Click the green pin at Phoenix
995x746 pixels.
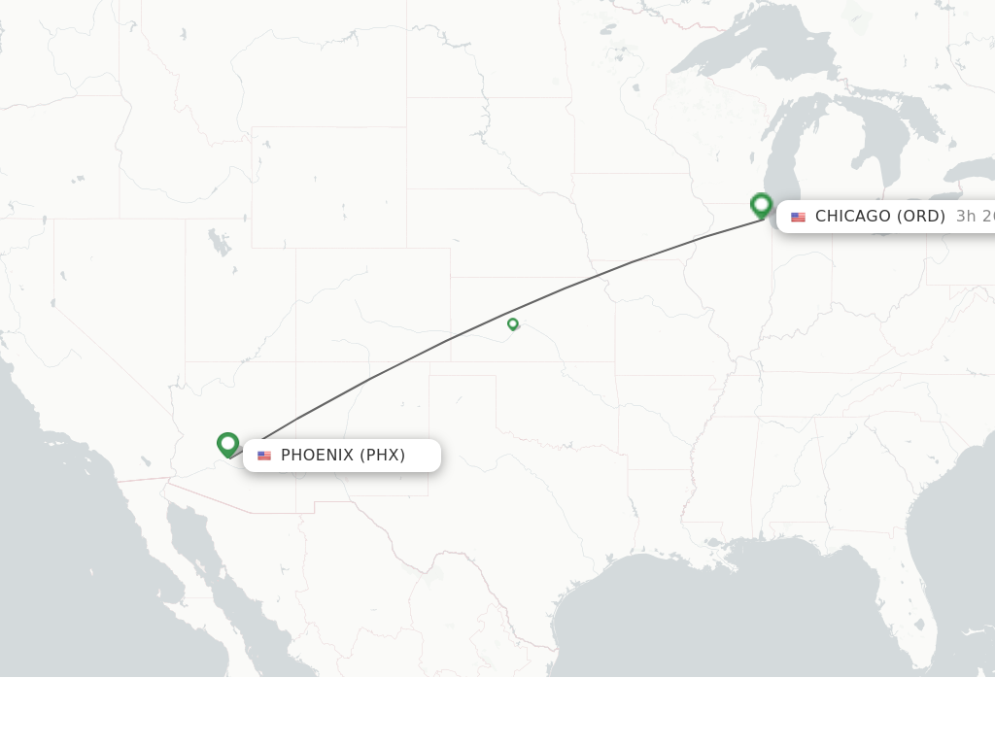[x=228, y=444]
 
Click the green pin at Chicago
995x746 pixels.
[x=762, y=205]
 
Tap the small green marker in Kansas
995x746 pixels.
[x=513, y=323]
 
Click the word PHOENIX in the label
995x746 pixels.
[x=317, y=456]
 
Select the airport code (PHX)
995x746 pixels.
[x=383, y=456]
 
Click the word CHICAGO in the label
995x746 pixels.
[x=852, y=217]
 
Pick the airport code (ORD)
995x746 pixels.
[x=921, y=217]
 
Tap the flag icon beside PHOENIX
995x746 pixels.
[x=264, y=456]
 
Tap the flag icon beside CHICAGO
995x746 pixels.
[x=798, y=217]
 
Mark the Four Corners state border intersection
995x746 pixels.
[x=296, y=362]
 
